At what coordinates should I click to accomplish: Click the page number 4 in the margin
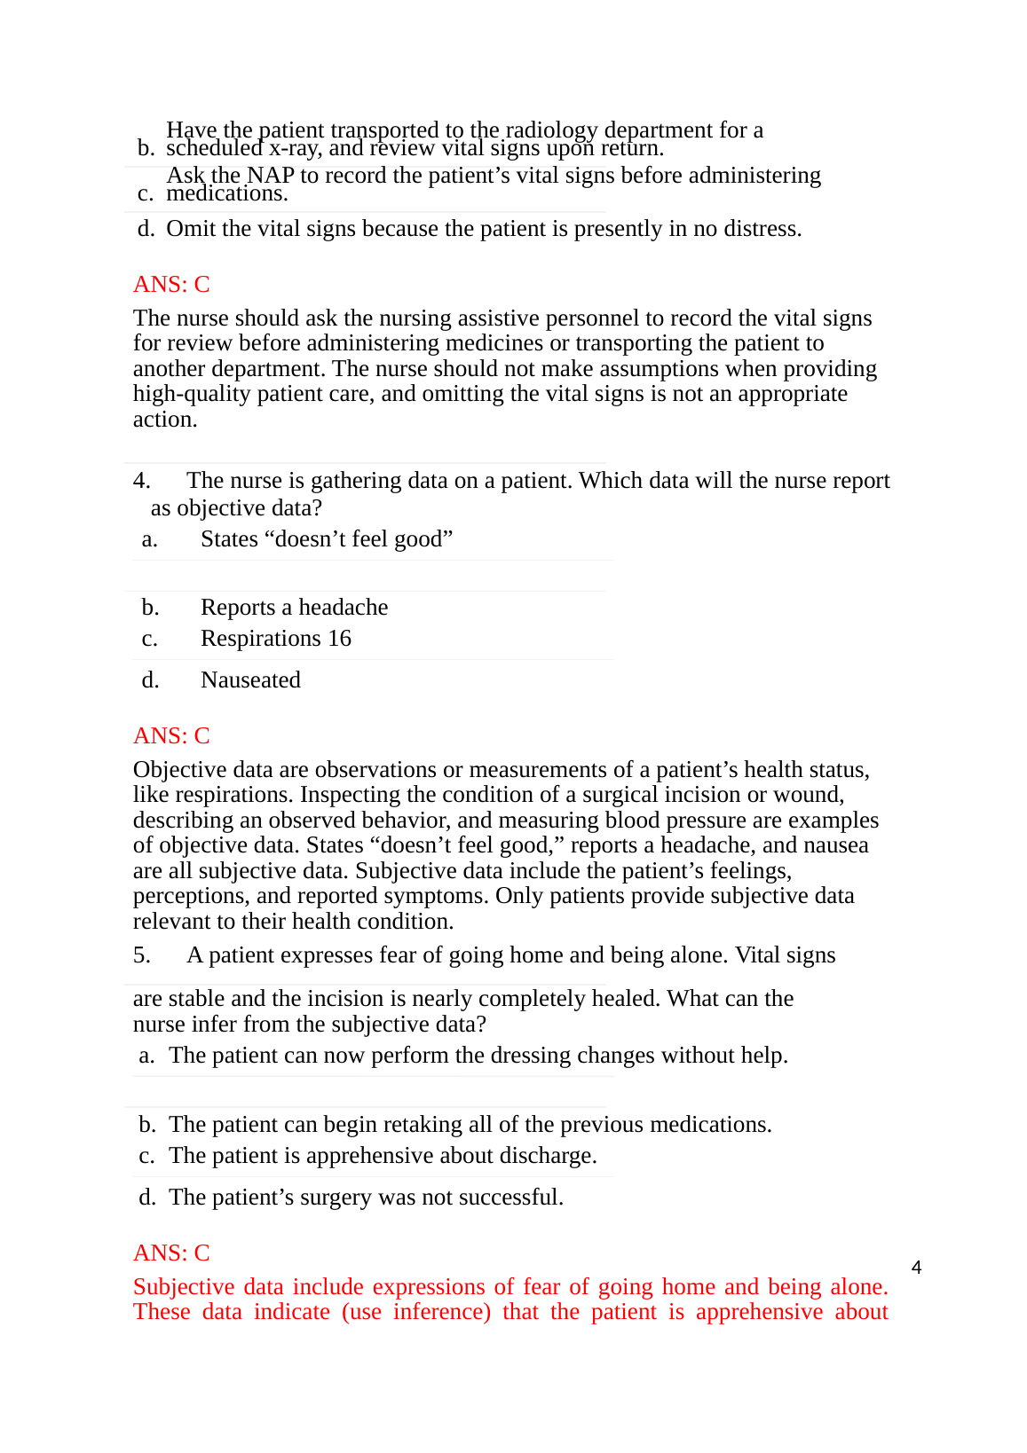coord(916,1268)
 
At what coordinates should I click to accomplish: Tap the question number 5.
coord(141,955)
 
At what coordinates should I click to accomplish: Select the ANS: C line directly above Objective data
coord(171,735)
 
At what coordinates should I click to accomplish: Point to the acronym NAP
coord(270,175)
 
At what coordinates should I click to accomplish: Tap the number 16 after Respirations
coord(339,639)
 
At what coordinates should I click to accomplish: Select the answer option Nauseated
coord(250,680)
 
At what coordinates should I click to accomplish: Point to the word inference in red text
coord(438,1312)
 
